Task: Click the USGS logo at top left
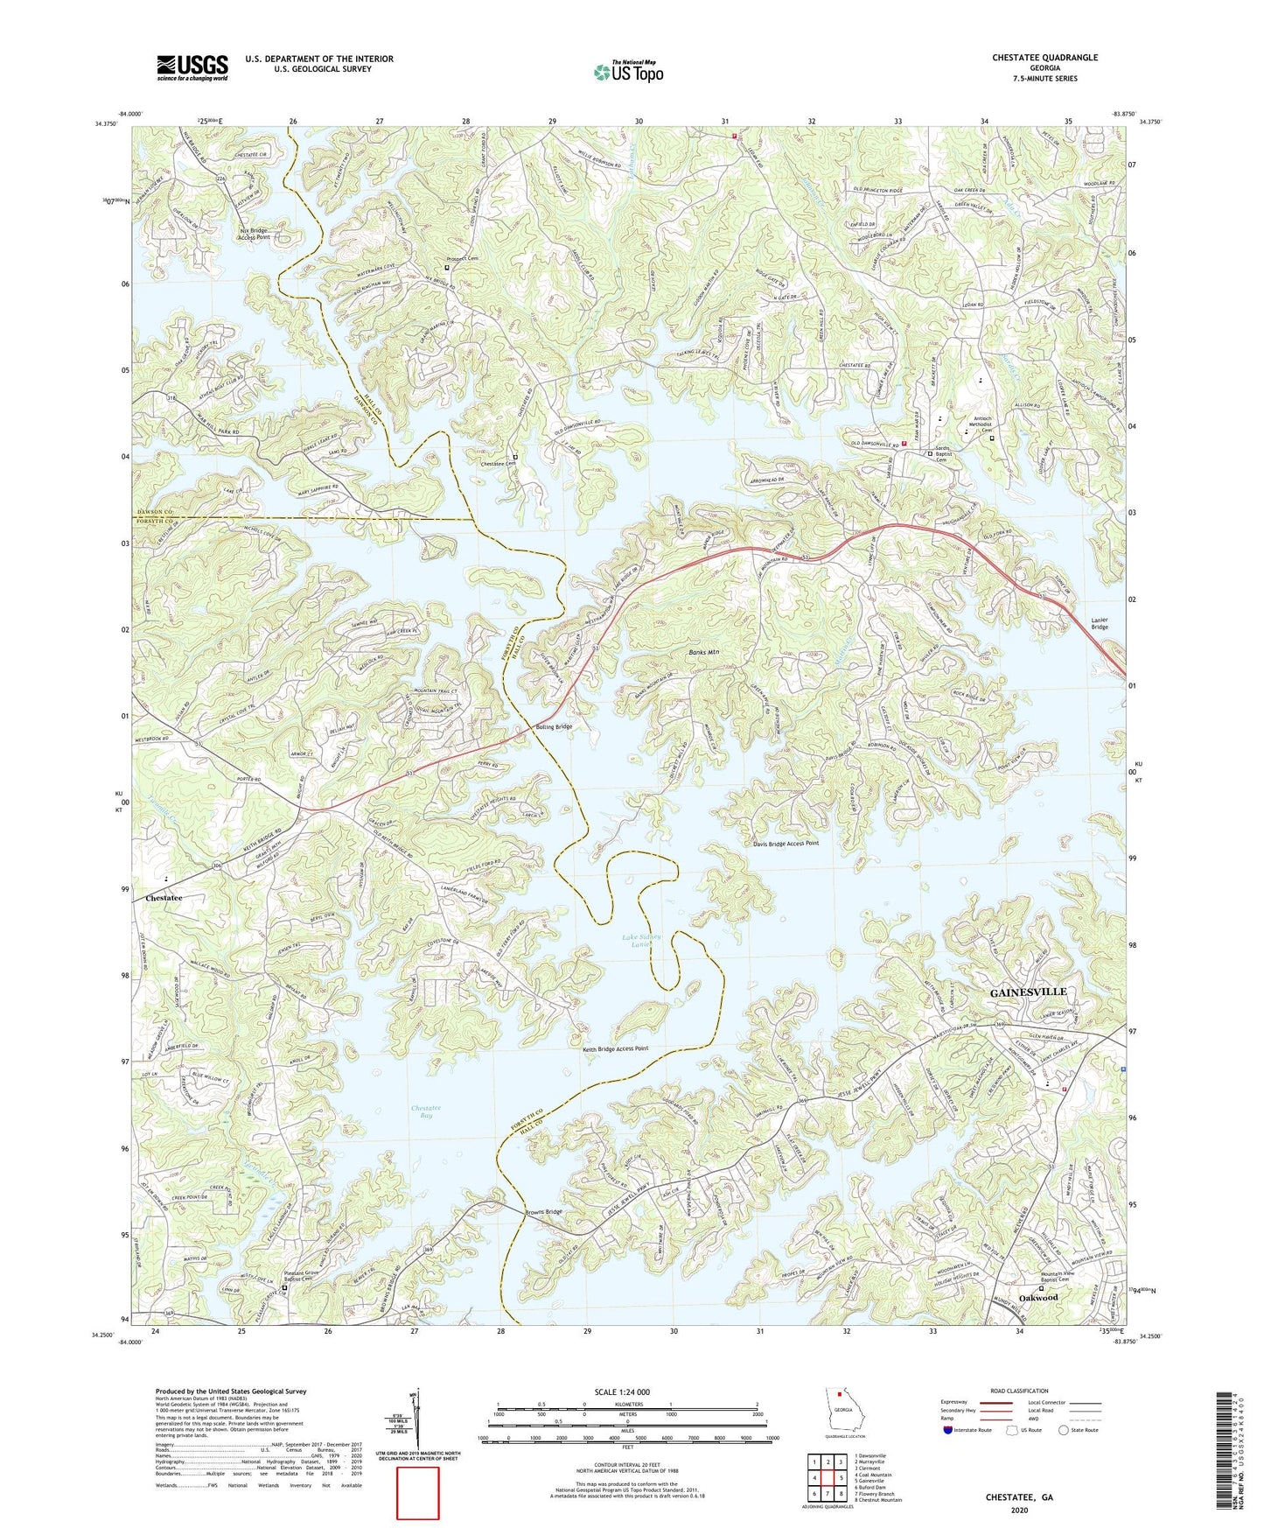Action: pyautogui.click(x=192, y=67)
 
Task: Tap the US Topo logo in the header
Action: pyautogui.click(x=628, y=73)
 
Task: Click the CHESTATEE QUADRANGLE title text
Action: pyautogui.click(x=1044, y=58)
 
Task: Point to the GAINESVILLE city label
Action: pyautogui.click(x=1027, y=992)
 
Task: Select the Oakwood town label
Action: pyautogui.click(x=1037, y=1298)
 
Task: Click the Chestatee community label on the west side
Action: pyautogui.click(x=164, y=898)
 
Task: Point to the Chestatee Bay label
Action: pyautogui.click(x=422, y=1112)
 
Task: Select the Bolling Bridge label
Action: pyautogui.click(x=553, y=727)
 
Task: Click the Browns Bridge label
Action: pyautogui.click(x=543, y=1212)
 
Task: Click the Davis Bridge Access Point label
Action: pyautogui.click(x=786, y=844)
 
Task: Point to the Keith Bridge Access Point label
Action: pyautogui.click(x=615, y=1048)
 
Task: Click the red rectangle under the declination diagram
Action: pyautogui.click(x=417, y=1493)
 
